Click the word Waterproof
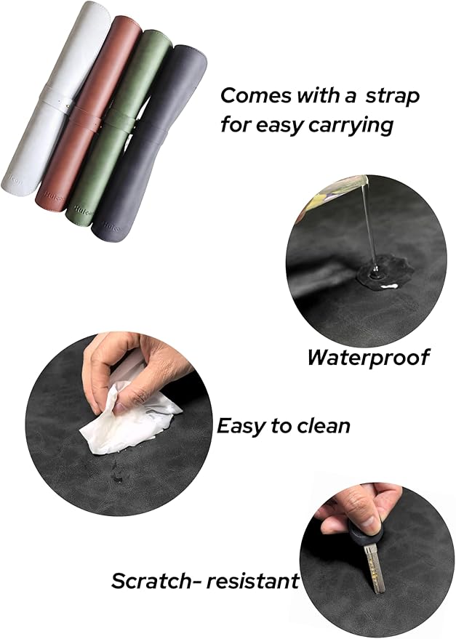(x=367, y=358)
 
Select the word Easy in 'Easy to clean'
(x=241, y=425)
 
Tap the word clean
(x=322, y=425)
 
